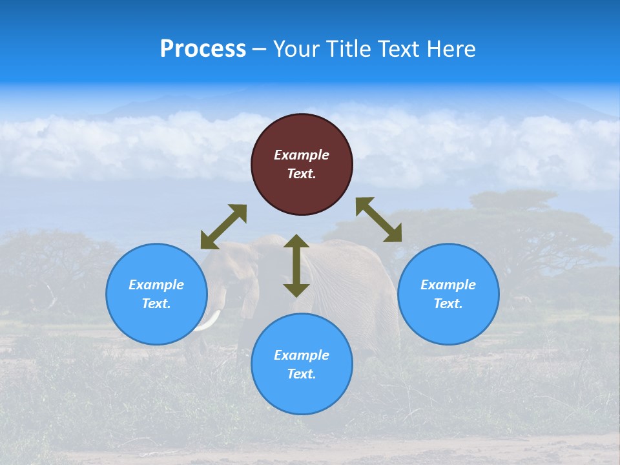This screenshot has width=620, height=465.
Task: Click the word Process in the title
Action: click(203, 49)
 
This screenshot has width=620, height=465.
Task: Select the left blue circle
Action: click(156, 294)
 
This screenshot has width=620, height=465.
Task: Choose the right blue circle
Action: click(448, 294)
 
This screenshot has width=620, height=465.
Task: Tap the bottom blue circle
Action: click(302, 364)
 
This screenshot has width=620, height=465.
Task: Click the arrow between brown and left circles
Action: click(223, 227)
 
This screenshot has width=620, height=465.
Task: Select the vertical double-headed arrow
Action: click(296, 265)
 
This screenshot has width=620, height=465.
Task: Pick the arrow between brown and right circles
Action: click(378, 220)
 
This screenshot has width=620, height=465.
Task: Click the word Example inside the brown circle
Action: click(302, 155)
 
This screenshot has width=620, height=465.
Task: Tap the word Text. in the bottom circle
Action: click(302, 374)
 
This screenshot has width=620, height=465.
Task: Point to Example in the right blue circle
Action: click(448, 285)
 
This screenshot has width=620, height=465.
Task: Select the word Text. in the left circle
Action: click(156, 304)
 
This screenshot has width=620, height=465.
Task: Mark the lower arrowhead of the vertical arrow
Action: click(296, 290)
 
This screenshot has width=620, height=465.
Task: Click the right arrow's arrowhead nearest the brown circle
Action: click(364, 205)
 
